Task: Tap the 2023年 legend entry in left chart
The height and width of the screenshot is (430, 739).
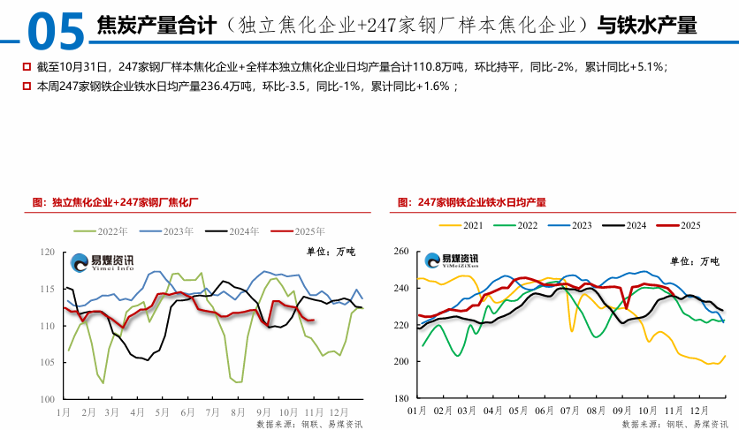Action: pyautogui.click(x=179, y=231)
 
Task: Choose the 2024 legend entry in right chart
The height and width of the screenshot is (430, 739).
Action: pyautogui.click(x=636, y=225)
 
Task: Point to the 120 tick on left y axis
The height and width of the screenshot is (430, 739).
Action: pyautogui.click(x=47, y=253)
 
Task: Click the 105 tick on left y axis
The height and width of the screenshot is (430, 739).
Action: pyautogui.click(x=47, y=363)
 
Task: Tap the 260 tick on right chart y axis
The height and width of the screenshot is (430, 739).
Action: pyautogui.click(x=400, y=252)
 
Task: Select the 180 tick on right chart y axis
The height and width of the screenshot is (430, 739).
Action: pyautogui.click(x=400, y=399)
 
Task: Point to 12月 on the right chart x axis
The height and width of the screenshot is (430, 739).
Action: pyautogui.click(x=699, y=411)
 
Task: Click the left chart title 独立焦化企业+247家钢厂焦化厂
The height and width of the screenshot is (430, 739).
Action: pyautogui.click(x=126, y=202)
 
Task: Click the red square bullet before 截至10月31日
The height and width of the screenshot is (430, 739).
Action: pyautogui.click(x=25, y=67)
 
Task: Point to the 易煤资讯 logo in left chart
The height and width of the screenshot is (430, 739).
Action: pyautogui.click(x=102, y=261)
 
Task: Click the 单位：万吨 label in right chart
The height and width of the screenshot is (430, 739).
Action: pyautogui.click(x=697, y=261)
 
